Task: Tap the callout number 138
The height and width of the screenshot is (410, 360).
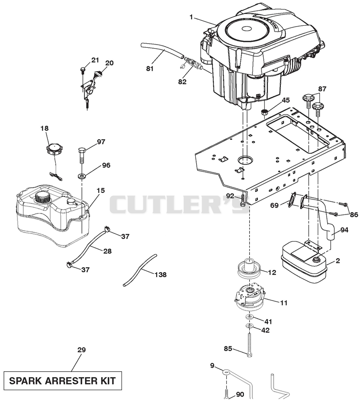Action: (x=160, y=274)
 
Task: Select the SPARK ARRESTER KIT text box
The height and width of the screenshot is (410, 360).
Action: (x=63, y=381)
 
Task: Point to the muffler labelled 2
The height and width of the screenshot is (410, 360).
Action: (x=304, y=263)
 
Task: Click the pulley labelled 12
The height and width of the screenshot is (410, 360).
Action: (x=250, y=269)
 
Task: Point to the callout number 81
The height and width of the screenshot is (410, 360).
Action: (x=150, y=69)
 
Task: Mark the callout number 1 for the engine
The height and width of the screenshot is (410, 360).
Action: (x=191, y=17)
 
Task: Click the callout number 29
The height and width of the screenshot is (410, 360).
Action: (x=81, y=350)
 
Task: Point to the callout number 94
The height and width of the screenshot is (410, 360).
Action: (x=344, y=230)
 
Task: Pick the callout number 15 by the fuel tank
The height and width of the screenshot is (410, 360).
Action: (x=101, y=191)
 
